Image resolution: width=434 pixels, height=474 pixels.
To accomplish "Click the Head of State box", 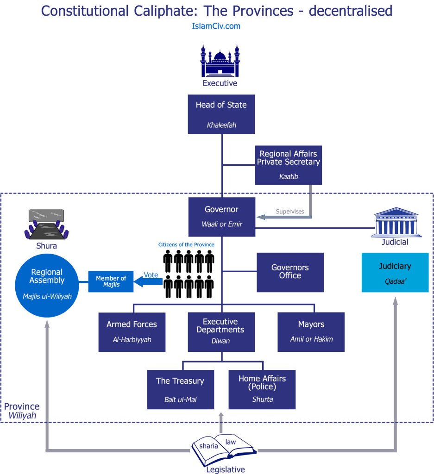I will click(221, 114).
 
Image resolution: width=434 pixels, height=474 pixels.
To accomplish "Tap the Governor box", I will click(221, 216).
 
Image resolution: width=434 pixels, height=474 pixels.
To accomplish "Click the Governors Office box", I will click(290, 272).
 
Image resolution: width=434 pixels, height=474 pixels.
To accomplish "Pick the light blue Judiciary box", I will click(395, 272).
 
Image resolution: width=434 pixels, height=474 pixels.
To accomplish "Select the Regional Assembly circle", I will click(46, 283).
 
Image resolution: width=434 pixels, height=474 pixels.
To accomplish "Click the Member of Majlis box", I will click(111, 281).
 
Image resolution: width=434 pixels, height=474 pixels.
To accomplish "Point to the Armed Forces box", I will click(132, 332).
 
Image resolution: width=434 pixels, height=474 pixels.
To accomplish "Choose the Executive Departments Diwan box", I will click(221, 331).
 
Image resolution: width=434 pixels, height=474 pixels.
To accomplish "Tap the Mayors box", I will click(311, 332).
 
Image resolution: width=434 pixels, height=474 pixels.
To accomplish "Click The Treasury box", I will click(180, 389).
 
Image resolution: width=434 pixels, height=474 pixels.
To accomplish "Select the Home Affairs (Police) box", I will click(262, 389).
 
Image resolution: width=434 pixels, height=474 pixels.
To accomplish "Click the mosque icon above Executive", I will click(220, 61).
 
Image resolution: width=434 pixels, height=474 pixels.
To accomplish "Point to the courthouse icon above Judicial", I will click(395, 222).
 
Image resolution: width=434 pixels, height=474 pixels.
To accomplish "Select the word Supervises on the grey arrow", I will click(290, 212).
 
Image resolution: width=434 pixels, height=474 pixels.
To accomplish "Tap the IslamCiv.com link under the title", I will click(216, 26).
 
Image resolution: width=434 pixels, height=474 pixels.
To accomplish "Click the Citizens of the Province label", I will click(186, 244).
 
